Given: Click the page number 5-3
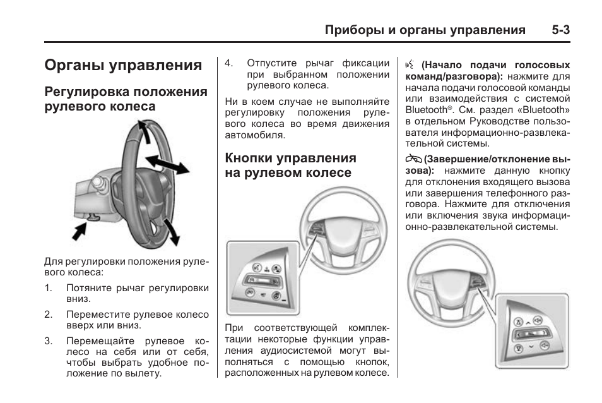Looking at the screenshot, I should [560, 30].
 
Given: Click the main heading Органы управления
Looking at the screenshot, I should [124, 66].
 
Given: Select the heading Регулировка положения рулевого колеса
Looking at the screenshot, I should [126, 99].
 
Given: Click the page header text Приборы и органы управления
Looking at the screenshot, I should [425, 30].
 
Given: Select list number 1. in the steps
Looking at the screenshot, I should [49, 288].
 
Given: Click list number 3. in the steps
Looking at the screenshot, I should [49, 341].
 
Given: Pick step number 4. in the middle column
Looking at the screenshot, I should [230, 63].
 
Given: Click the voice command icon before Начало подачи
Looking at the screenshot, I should [410, 64].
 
